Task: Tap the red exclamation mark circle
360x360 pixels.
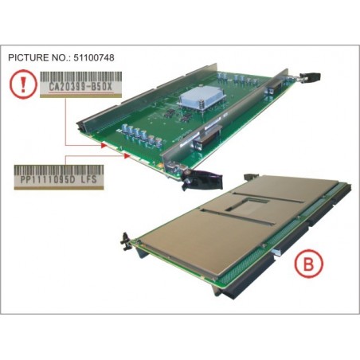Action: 23,84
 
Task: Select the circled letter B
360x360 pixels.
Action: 308,264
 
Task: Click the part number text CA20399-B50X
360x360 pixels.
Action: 80,87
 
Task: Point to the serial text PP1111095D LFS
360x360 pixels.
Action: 59,179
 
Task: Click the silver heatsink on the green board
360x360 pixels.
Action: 202,98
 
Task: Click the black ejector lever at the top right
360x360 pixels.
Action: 310,76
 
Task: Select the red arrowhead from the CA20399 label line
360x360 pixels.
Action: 104,145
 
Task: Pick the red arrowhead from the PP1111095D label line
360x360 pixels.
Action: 127,156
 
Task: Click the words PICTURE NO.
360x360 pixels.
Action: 37,57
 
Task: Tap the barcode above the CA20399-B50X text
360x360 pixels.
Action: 80,76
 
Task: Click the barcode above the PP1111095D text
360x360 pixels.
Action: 59,170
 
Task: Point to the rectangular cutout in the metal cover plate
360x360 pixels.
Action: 247,205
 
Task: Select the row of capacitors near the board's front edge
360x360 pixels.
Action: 142,135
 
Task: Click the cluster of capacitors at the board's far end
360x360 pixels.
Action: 237,79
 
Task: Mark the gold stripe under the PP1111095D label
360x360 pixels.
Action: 59,188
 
